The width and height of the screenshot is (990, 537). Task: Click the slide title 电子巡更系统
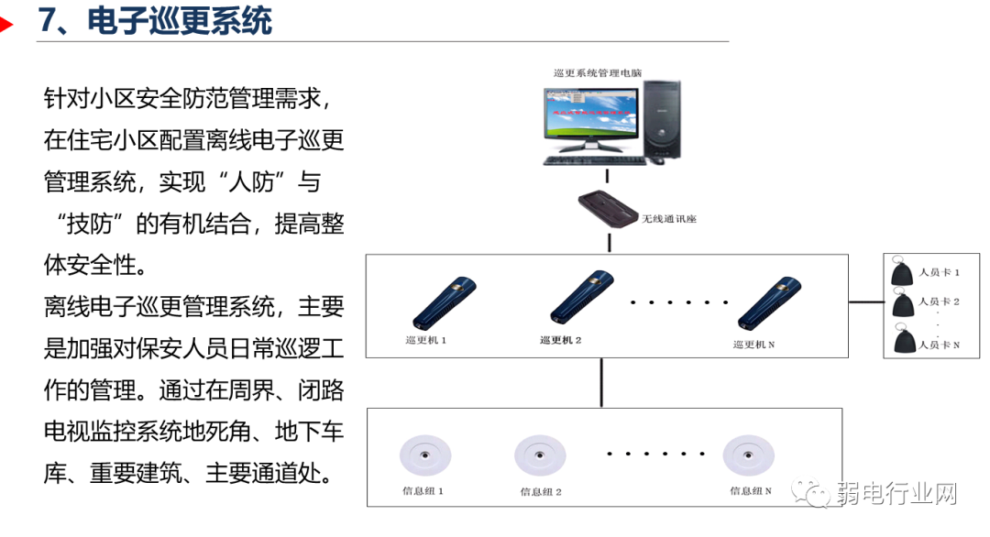[180, 20]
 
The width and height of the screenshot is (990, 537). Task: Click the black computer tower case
[661, 118]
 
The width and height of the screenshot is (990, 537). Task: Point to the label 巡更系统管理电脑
[599, 72]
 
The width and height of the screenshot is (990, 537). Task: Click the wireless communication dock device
[608, 209]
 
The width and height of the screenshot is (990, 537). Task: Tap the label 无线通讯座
[669, 219]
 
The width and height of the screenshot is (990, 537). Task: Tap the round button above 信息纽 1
[423, 454]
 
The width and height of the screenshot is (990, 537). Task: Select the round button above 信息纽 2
[540, 454]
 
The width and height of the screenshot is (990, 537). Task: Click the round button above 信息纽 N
[749, 454]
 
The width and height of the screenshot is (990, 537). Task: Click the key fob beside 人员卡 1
[901, 272]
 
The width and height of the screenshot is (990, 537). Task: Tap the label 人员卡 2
[939, 301]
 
